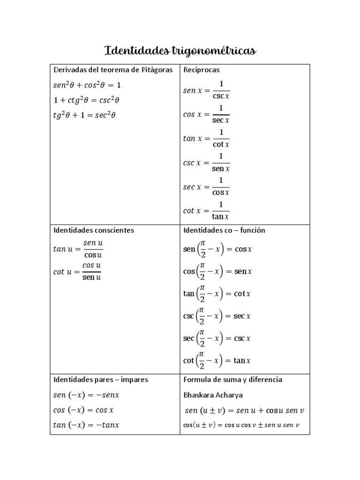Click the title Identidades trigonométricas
coord(180,50)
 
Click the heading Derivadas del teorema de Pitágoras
coord(113,70)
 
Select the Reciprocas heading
coord(202,70)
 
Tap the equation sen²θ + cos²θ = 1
coord(87,85)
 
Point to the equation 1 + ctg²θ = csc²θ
coord(87,100)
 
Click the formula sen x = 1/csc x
coord(206,90)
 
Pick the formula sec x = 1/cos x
coord(206,187)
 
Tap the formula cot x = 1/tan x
coord(206,210)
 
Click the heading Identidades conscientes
coord(94,230)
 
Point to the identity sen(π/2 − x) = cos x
coord(217,249)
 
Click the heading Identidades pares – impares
coord(101,379)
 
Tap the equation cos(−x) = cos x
coord(84,410)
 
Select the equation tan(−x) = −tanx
coord(87,425)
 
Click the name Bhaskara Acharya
coord(213,395)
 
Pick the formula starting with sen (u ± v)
coord(244,410)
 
